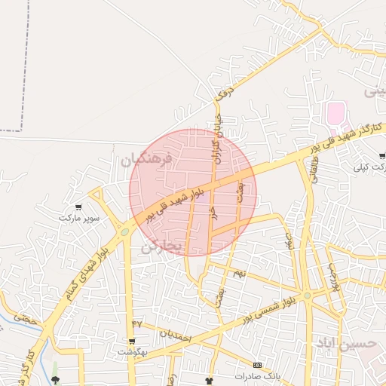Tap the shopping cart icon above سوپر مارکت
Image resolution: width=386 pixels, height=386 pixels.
tap(78, 207)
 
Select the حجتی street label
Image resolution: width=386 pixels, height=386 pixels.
tap(26, 319)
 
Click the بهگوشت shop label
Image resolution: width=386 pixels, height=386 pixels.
tap(132, 351)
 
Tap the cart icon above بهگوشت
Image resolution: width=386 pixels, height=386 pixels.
tap(132, 342)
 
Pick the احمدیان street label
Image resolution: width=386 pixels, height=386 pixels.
tap(175, 332)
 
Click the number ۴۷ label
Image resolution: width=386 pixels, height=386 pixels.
tap(136, 323)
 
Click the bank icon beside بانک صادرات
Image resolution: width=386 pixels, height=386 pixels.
tap(258, 365)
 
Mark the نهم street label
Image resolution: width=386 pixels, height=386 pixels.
tap(239, 273)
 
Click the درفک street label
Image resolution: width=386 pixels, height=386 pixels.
tap(220, 92)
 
